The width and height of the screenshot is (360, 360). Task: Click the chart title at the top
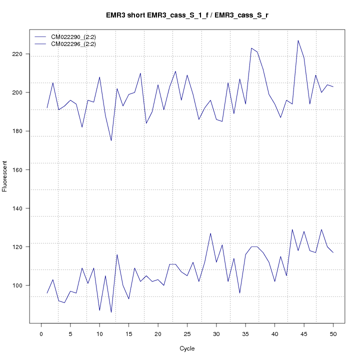187,15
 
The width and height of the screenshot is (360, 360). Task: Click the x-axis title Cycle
187,348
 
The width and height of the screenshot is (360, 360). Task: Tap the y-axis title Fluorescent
5,176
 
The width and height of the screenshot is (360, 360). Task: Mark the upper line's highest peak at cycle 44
298,40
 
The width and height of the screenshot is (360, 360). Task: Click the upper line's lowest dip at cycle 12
111,140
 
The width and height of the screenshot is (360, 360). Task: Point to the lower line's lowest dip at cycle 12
111,312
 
